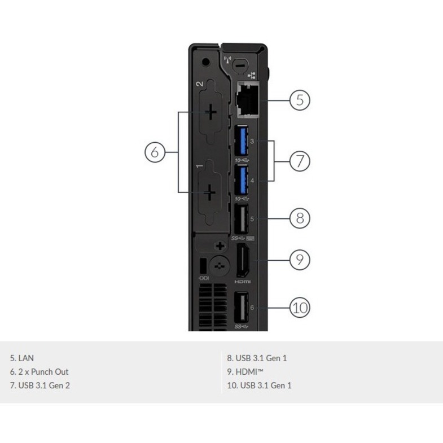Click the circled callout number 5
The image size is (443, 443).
click(300, 100)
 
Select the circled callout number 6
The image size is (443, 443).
click(156, 152)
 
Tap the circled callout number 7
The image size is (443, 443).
click(300, 161)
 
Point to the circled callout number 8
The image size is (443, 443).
click(300, 218)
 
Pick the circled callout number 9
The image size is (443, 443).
click(300, 260)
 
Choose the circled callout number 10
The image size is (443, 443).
click(300, 308)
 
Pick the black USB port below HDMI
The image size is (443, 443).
click(241, 308)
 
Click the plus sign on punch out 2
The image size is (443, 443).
click(210, 112)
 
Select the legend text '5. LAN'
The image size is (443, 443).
click(22, 358)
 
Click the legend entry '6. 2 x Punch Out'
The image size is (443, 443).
click(39, 372)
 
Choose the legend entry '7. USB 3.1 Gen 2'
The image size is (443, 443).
click(40, 386)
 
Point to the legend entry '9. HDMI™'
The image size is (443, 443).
click(245, 372)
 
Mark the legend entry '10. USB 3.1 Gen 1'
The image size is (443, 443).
click(259, 386)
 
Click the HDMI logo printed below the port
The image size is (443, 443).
click(242, 281)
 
